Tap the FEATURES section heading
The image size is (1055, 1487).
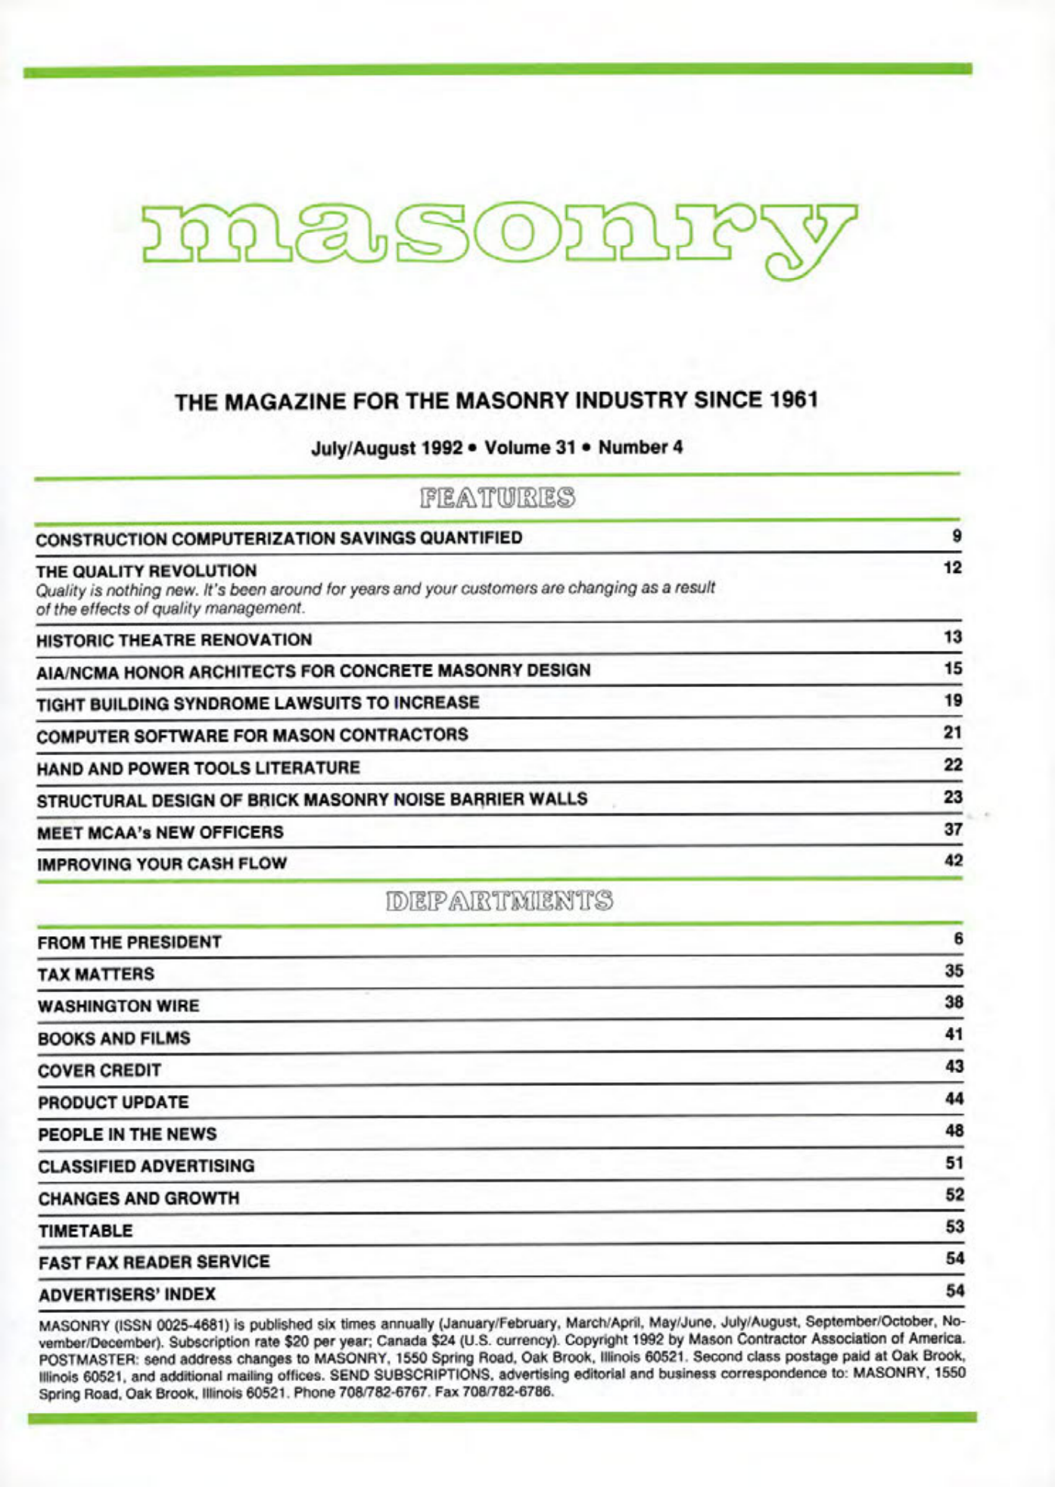pos(497,499)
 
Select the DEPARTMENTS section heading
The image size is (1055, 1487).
pos(499,902)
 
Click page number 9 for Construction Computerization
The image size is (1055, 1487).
pos(957,537)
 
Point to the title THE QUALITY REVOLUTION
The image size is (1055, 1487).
pos(147,571)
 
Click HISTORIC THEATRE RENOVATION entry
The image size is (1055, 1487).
pos(174,640)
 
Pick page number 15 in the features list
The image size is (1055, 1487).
pos(953,669)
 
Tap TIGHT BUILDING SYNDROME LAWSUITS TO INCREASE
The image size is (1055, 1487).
pos(257,703)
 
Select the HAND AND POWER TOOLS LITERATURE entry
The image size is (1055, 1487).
pos(198,768)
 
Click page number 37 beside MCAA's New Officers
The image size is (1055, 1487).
pos(953,829)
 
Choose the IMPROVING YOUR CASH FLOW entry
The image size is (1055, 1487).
pos(162,864)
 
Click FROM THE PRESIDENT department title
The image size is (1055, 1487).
pos(129,943)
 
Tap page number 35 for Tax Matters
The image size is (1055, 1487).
pos(954,971)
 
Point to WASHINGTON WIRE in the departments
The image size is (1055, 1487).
pos(119,1006)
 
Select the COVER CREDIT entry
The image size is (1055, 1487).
pos(99,1071)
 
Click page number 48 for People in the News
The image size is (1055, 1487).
pos(954,1131)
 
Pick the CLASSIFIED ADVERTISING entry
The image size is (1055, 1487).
pos(146,1166)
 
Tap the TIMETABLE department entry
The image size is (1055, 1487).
pos(86,1231)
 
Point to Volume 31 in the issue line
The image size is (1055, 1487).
pos(531,447)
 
